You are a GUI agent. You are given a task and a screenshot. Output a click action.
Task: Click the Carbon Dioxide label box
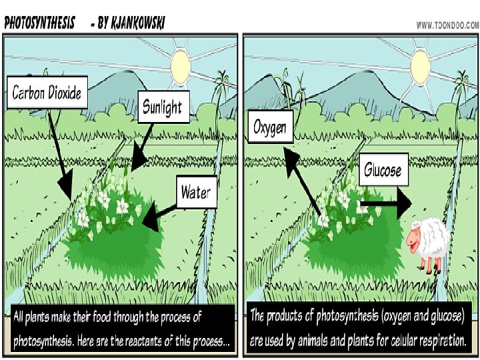(47, 92)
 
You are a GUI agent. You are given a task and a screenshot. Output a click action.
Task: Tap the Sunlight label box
(162, 106)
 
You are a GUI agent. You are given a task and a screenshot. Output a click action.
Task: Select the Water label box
(195, 192)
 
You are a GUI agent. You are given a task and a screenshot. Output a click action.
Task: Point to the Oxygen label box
(270, 126)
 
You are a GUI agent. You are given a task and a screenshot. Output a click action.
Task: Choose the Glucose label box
(383, 171)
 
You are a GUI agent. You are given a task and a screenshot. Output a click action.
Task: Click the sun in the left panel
(181, 64)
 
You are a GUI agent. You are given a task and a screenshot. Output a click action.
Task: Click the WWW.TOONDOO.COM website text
(447, 25)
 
